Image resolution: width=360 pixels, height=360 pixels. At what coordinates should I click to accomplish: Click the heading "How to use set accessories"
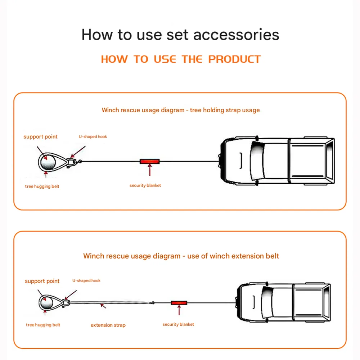[x=180, y=35]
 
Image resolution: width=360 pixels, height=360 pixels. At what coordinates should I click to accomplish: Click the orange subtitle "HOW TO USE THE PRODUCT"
[x=181, y=59]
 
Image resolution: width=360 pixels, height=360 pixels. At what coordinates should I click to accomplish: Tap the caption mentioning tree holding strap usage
[x=180, y=110]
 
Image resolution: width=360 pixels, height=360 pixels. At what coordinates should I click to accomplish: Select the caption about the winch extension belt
[x=181, y=256]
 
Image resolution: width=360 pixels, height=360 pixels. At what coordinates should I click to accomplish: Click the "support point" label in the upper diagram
[x=40, y=137]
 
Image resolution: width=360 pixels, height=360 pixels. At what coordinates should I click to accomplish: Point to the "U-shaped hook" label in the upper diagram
[x=93, y=137]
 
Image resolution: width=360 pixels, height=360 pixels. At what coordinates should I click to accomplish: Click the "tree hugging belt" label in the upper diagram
[x=42, y=186]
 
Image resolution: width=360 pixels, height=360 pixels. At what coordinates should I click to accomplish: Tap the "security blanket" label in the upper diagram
[x=145, y=185]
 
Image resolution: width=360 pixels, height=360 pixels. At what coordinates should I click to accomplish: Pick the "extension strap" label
[x=108, y=325]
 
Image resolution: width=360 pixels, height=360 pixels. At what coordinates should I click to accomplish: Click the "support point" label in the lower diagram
[x=42, y=281]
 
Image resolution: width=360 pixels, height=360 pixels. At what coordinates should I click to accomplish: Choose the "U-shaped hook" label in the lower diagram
[x=86, y=281]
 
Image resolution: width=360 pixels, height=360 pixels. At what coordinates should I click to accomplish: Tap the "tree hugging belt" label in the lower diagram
[x=43, y=325]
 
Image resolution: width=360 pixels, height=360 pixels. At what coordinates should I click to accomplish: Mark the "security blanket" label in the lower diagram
[x=178, y=324]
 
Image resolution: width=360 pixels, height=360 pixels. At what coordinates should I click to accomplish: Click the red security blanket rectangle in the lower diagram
[x=180, y=303]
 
